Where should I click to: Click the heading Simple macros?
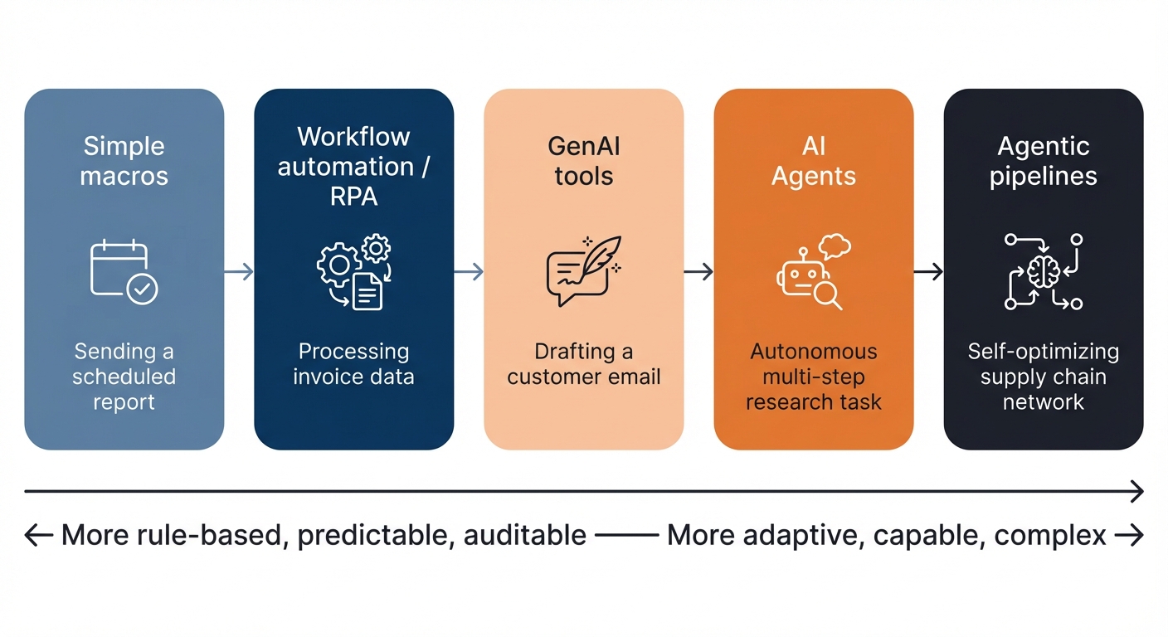124,161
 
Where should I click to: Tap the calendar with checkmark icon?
124,271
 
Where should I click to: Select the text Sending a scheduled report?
124,377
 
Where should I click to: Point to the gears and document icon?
353,271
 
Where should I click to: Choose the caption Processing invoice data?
353,364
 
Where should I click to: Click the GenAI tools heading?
584,161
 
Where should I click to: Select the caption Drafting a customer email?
584,364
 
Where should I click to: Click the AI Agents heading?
814,161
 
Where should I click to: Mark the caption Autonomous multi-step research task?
814,377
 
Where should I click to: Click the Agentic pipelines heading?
1044,161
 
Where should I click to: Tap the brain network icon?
1044,271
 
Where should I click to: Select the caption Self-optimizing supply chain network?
1044,377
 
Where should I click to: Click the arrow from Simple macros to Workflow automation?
239,271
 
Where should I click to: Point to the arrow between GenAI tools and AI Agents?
698,271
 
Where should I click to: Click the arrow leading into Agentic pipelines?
928,271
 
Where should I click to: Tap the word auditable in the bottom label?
525,536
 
